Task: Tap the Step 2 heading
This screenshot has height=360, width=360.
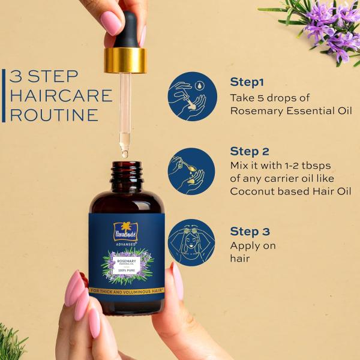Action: pos(250,151)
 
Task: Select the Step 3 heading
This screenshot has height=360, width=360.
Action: pos(250,231)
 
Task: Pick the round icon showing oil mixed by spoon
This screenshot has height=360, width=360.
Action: pos(191,171)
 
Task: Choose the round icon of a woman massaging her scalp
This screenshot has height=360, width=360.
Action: pos(191,242)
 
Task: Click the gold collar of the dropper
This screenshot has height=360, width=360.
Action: pos(125,60)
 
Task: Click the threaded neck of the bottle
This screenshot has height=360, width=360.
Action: pos(127,174)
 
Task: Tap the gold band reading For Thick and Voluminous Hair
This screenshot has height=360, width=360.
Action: pos(127,290)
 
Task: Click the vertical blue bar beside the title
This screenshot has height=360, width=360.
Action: pos(3,96)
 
